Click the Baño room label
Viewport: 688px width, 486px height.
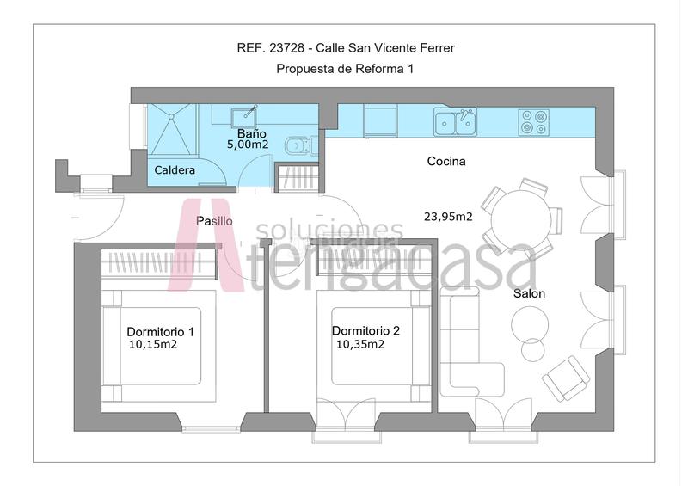coord(252,134)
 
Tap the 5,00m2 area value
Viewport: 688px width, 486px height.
coord(248,145)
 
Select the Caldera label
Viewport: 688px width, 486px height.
coord(175,170)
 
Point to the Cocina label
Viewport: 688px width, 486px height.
coord(446,161)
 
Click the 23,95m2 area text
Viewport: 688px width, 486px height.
coord(448,217)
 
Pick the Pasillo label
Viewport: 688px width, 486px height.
coord(214,221)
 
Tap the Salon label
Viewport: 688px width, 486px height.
coord(529,293)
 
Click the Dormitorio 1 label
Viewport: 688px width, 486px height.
coord(160,331)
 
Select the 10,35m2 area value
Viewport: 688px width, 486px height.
coord(359,344)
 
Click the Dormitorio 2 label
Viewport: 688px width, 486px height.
coord(365,330)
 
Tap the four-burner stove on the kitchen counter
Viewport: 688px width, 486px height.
coord(533,122)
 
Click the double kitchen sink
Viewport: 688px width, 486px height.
coord(455,121)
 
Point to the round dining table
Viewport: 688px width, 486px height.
coord(520,216)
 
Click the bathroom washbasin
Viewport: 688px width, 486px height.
coord(247,114)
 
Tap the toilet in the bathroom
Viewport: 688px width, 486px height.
coord(297,145)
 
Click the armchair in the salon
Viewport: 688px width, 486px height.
coord(565,377)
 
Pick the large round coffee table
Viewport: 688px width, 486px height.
coord(530,324)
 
